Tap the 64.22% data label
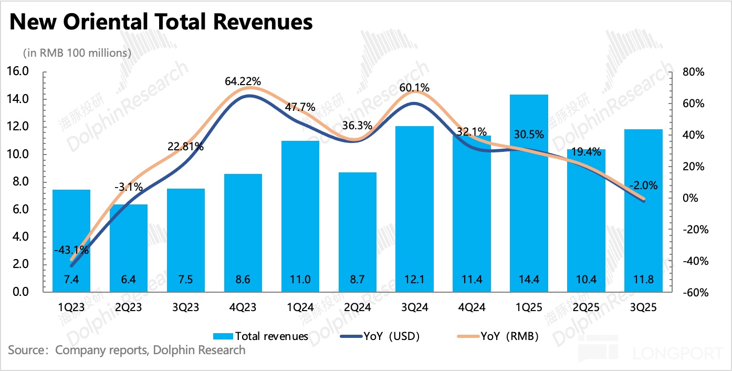[x=242, y=81]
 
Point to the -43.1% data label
[x=71, y=250]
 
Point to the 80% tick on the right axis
[x=692, y=72]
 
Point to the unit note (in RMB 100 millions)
[x=77, y=53]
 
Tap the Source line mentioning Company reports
[x=127, y=350]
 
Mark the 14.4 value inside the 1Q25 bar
[x=529, y=279]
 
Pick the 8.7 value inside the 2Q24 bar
[x=357, y=279]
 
